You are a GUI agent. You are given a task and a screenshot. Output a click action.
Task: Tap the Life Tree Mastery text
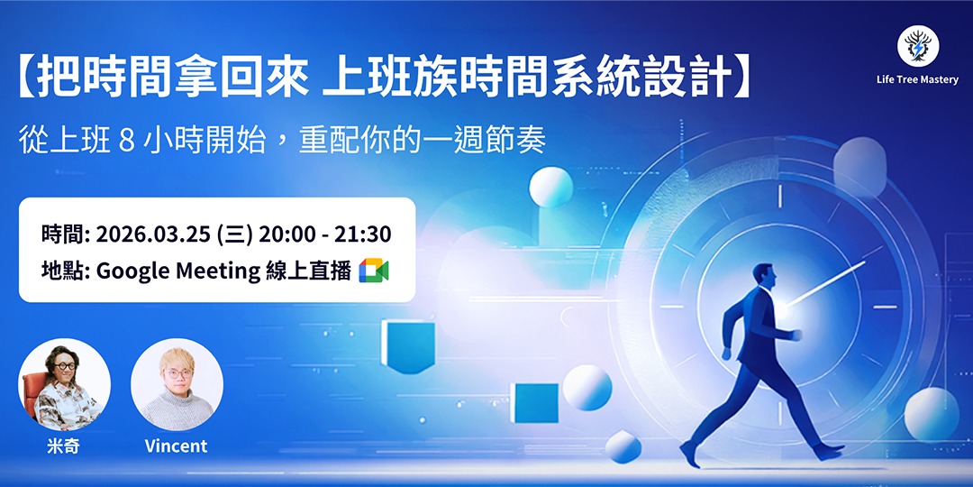[x=917, y=79]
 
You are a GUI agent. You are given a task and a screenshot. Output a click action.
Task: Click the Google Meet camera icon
[x=373, y=270]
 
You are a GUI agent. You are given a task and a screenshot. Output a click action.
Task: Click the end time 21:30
[x=362, y=234]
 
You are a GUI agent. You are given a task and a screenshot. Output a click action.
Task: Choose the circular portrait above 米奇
[x=64, y=384]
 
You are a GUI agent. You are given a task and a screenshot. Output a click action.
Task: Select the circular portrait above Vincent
[x=177, y=384]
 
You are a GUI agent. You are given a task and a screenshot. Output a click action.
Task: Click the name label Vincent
[x=176, y=446]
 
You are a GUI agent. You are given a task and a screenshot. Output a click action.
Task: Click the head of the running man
[x=762, y=276]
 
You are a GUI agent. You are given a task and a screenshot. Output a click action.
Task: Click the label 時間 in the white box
[x=62, y=234]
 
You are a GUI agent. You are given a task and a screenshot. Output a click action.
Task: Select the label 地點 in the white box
[x=62, y=270]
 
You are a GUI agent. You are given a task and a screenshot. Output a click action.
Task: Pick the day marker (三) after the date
[x=233, y=234]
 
